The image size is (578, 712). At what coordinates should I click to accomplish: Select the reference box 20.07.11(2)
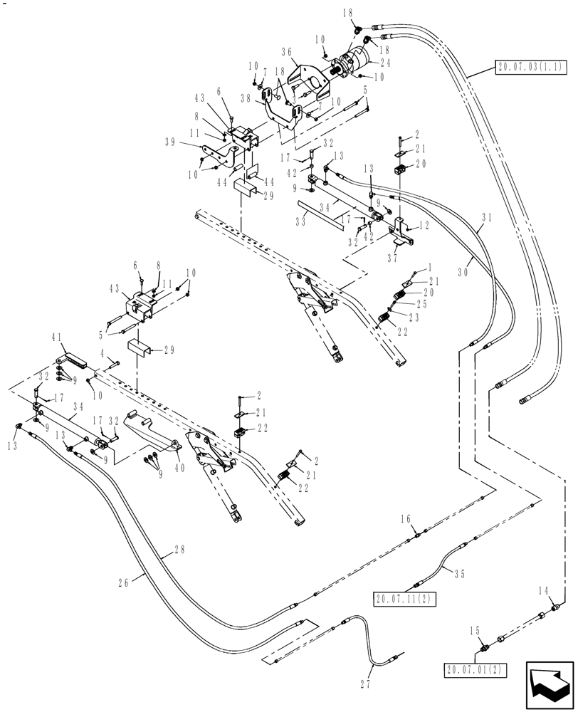(x=404, y=597)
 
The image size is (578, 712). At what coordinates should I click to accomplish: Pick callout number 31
(x=486, y=217)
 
